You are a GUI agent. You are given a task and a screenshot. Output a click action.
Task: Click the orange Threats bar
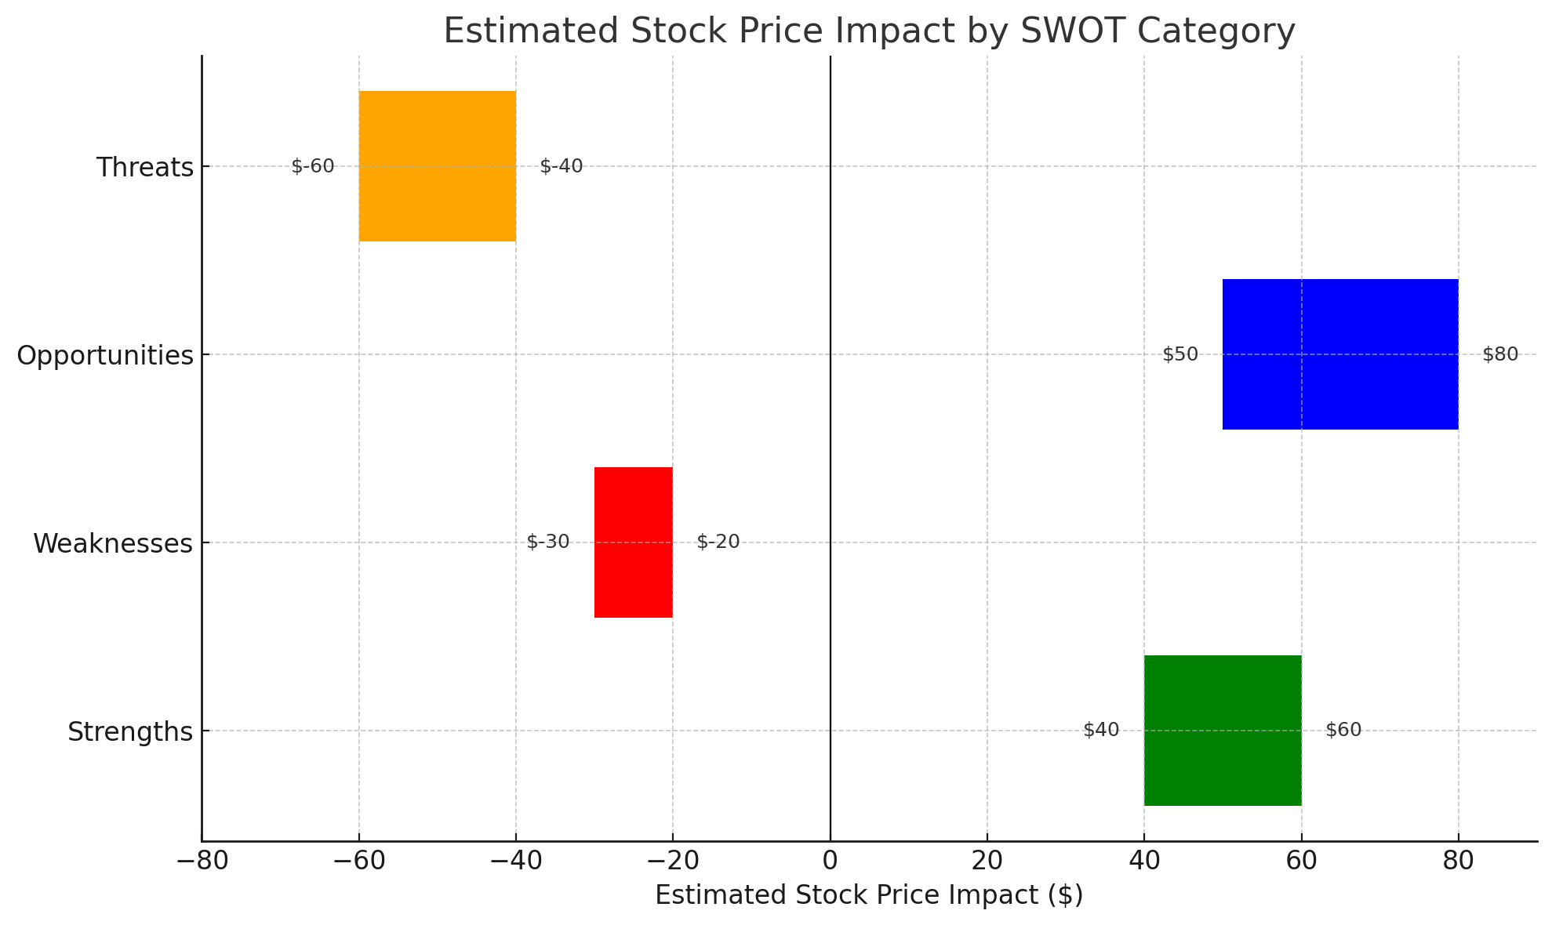[x=438, y=166]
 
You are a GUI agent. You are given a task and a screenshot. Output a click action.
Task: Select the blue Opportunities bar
[x=1340, y=354]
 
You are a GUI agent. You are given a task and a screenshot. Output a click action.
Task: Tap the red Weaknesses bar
[x=634, y=542]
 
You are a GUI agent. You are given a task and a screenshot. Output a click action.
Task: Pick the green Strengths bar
[x=1223, y=731]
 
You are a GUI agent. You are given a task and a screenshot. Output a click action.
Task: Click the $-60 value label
[x=313, y=166]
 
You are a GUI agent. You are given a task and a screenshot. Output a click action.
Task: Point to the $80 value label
[x=1500, y=354]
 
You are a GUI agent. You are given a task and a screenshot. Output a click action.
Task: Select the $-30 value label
[x=548, y=542]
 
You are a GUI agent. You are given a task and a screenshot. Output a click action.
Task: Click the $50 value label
[x=1180, y=354]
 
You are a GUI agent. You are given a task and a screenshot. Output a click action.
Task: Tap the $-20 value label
[x=718, y=542]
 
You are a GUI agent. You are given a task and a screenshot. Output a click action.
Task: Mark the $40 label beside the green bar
[x=1101, y=730]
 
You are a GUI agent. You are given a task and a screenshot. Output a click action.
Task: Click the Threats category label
[x=145, y=167]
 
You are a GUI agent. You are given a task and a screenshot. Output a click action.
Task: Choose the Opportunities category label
[x=105, y=355]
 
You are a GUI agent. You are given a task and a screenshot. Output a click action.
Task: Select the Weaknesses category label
[x=113, y=543]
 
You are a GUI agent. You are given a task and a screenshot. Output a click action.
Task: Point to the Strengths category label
[x=130, y=731]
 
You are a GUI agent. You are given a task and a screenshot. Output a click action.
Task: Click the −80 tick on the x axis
[x=202, y=862]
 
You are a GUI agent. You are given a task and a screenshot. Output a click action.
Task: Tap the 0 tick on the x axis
[x=830, y=862]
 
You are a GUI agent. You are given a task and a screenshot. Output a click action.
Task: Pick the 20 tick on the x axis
[x=987, y=862]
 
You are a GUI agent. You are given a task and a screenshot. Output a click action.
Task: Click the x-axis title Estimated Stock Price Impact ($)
[x=869, y=895]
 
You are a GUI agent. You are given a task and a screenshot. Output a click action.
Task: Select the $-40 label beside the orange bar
[x=562, y=166]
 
